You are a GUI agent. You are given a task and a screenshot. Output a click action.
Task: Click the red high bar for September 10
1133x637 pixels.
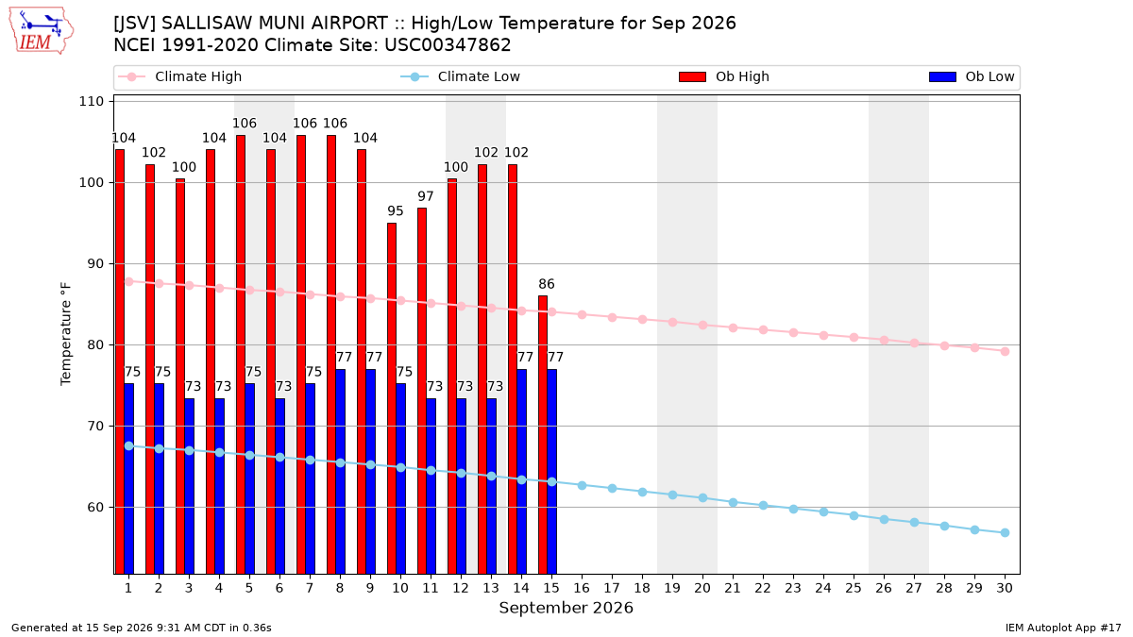[x=392, y=398]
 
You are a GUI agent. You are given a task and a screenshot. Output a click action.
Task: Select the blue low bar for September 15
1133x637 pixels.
[x=551, y=472]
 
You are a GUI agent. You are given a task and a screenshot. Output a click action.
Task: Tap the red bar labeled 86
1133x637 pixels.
[x=543, y=435]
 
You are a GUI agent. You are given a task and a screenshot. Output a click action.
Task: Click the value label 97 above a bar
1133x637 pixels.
[x=426, y=196]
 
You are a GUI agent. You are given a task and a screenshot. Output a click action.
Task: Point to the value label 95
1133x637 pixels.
[x=396, y=210]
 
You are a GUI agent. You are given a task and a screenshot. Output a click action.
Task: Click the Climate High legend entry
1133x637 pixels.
[x=179, y=76]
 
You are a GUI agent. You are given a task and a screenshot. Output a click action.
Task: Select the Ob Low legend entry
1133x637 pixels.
[x=972, y=76]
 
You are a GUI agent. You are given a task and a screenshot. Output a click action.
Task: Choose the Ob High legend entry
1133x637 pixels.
[x=724, y=76]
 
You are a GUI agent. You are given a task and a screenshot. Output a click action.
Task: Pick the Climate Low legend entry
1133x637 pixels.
[x=460, y=76]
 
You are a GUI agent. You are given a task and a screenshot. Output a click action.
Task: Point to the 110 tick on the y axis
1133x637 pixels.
[x=91, y=102]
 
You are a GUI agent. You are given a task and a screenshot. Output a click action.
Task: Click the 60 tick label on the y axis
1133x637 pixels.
[x=95, y=507]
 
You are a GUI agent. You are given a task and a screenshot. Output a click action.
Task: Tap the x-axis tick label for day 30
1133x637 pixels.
[x=1005, y=588]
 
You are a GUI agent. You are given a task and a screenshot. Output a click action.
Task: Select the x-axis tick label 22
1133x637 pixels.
[x=763, y=588]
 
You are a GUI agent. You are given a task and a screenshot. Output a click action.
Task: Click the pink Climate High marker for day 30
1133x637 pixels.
[x=1005, y=351]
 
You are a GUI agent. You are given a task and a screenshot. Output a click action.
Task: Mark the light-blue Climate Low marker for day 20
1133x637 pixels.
[x=702, y=498]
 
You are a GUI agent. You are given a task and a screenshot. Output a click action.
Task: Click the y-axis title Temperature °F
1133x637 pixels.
[x=66, y=334]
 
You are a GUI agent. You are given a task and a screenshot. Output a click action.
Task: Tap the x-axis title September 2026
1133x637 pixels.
[x=566, y=608]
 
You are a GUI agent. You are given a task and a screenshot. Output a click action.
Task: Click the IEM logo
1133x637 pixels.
[x=42, y=31]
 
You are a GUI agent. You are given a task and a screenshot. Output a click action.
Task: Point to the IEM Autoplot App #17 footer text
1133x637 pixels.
[x=1063, y=628]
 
